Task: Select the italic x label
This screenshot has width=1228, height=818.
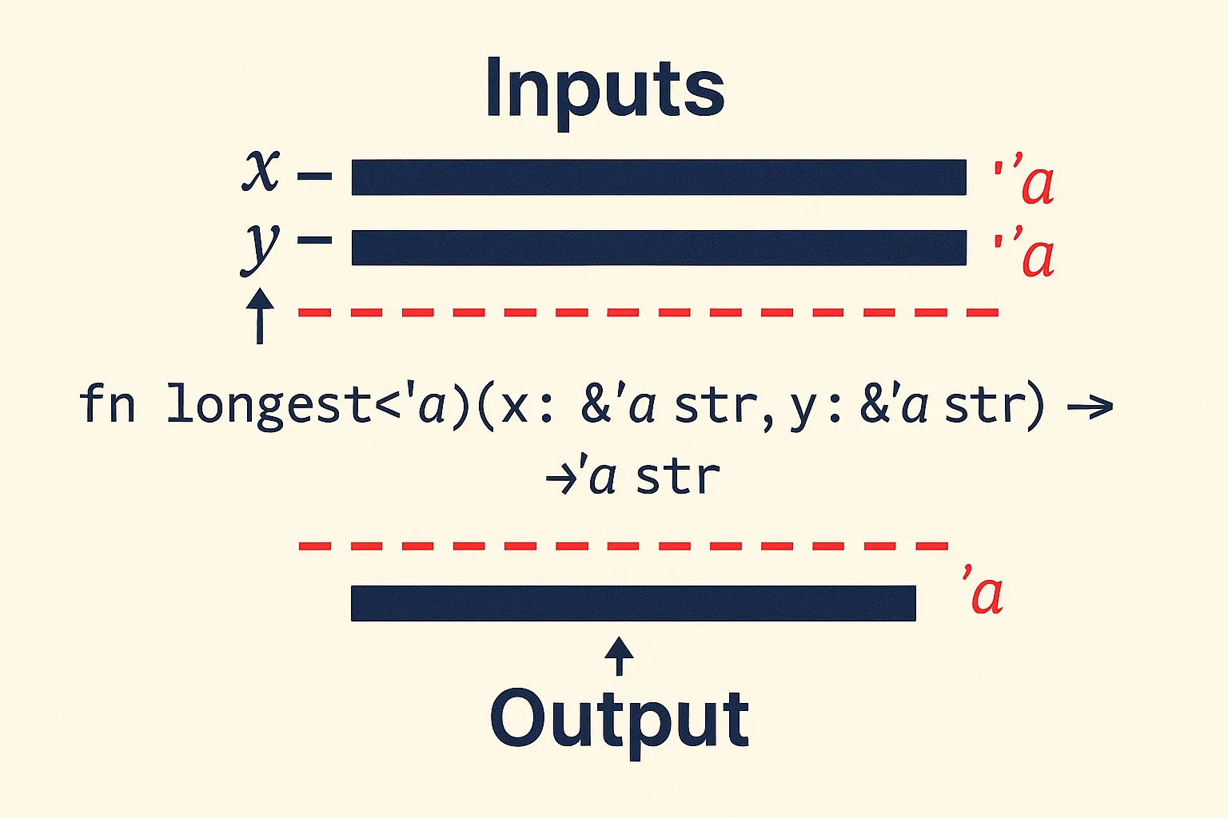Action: tap(261, 170)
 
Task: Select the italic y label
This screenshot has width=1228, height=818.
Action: tap(261, 248)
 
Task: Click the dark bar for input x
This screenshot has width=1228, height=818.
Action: tap(659, 177)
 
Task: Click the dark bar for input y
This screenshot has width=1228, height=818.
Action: tap(659, 248)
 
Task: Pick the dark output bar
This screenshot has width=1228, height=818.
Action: tap(633, 603)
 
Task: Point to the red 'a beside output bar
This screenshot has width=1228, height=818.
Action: tap(983, 592)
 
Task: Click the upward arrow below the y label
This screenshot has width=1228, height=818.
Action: tap(260, 316)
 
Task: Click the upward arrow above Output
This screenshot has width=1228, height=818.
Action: tap(619, 656)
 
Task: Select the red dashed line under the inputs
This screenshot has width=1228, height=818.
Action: tap(648, 313)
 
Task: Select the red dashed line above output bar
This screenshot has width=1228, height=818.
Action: tap(624, 546)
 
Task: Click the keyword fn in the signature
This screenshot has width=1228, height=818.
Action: tap(107, 403)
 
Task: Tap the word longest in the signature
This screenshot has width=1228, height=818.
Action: tap(269, 407)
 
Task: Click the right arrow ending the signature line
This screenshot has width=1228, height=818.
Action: tap(1090, 407)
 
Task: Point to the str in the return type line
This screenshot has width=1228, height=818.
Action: tap(678, 477)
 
